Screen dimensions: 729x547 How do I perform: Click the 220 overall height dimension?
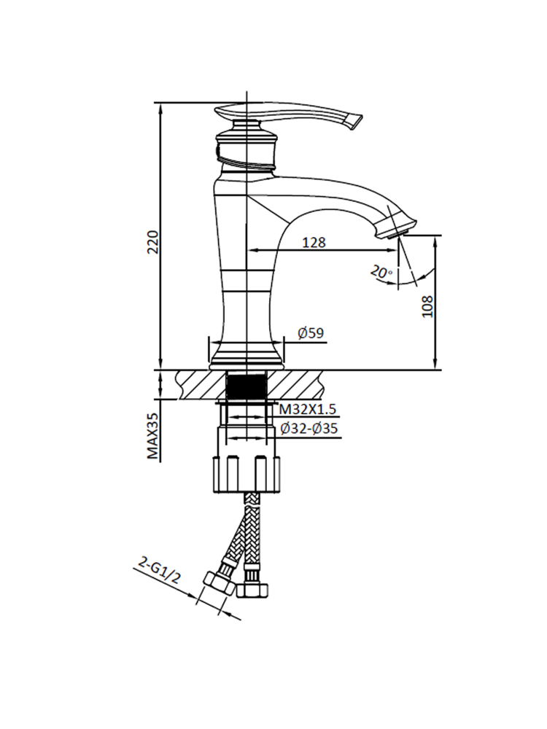(152, 241)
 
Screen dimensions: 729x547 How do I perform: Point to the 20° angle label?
(381, 273)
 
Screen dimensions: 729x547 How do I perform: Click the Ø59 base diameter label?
(311, 334)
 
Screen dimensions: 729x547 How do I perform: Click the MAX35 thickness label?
(152, 435)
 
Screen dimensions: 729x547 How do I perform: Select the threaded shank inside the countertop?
(248, 384)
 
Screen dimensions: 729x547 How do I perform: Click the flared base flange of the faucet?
(247, 357)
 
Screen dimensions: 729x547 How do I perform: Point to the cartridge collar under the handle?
(248, 149)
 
